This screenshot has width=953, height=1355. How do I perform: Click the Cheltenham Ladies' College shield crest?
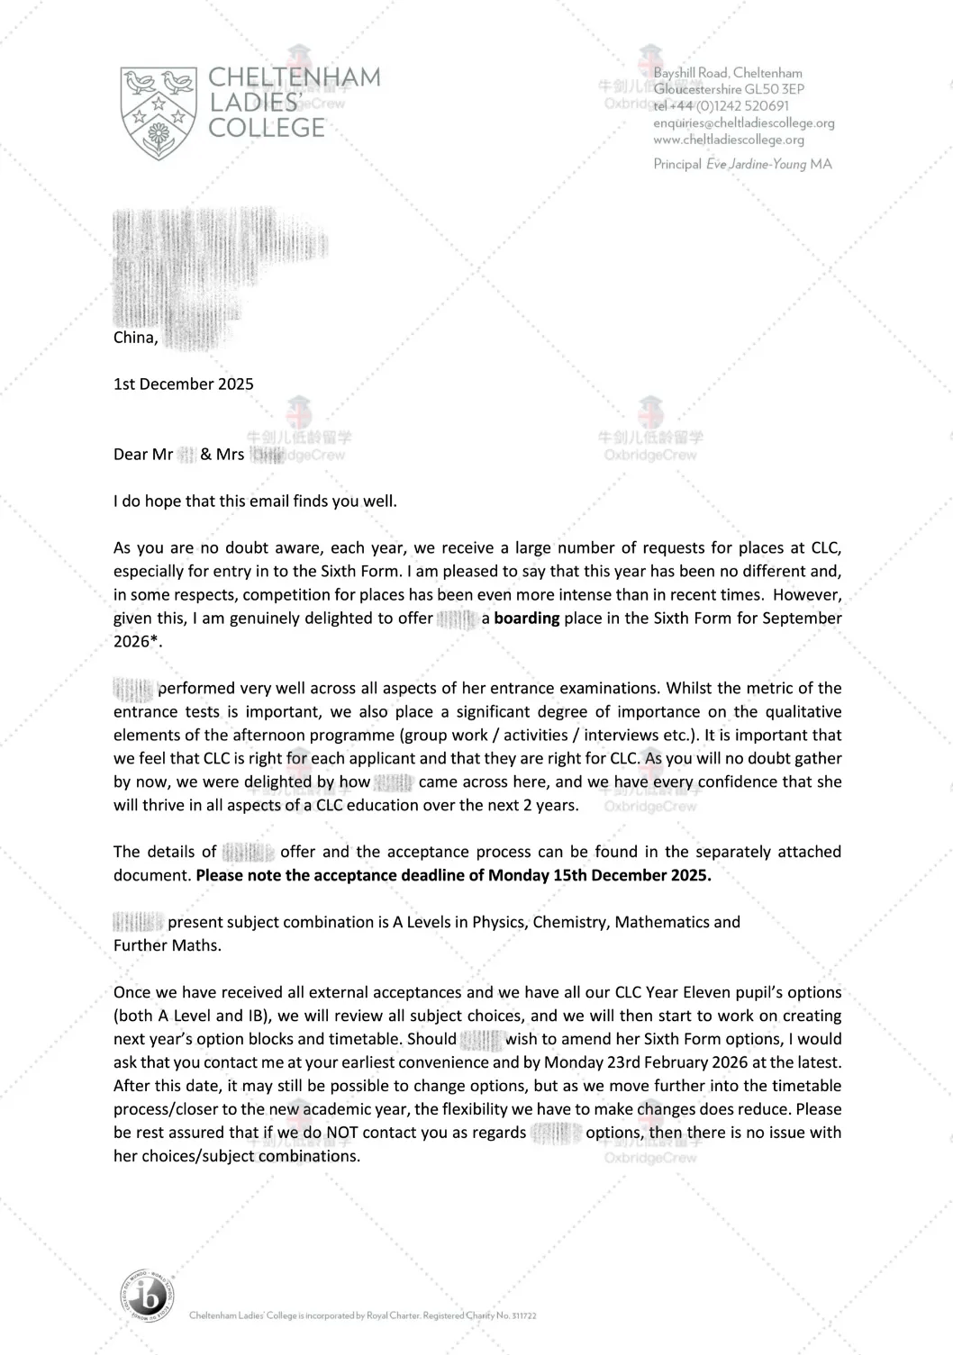159,112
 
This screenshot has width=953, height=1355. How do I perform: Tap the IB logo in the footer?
146,1298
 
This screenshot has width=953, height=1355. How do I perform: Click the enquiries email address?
744,123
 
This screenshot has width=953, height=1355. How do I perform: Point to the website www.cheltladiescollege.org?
729,140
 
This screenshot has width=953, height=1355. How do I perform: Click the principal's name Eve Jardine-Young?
756,165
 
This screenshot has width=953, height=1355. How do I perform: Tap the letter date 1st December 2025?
184,384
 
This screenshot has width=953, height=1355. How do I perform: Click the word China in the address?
135,338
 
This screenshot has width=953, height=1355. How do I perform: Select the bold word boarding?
527,619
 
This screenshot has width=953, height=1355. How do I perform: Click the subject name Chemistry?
569,923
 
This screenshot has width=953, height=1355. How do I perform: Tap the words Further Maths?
167,946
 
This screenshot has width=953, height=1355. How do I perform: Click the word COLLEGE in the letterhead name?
267,128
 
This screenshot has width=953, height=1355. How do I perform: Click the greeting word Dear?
130,455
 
